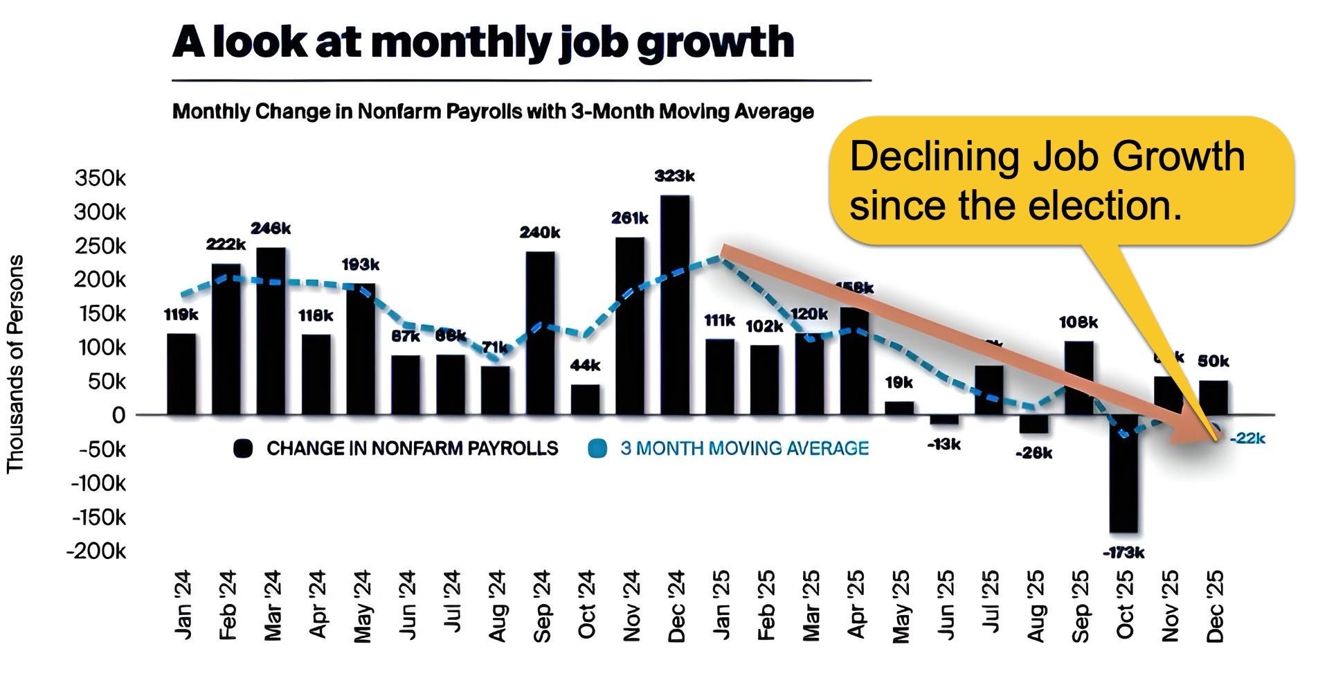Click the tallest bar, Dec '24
coord(675,305)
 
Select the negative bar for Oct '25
coord(1123,474)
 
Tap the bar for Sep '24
coord(540,332)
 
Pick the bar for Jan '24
coord(181,374)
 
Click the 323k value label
coord(675,177)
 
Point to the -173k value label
coord(1123,553)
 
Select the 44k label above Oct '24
coord(586,365)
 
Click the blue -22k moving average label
coord(1247,438)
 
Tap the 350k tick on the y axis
coord(100,178)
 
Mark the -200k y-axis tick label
coord(97,551)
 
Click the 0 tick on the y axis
coord(119,416)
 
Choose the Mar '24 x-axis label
coord(272,605)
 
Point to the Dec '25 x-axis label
coord(1216,607)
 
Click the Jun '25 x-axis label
coord(946,605)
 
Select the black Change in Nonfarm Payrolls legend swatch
coord(242,449)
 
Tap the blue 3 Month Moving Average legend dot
coord(597,449)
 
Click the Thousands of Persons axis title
coord(15,364)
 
